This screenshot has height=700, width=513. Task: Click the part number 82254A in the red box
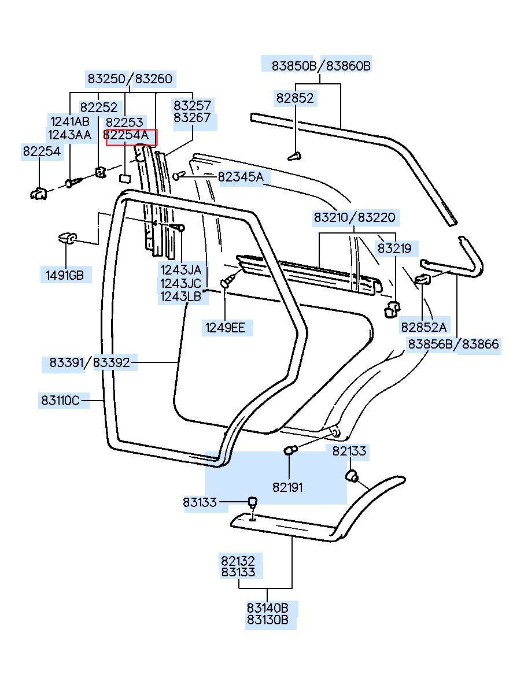pos(126,135)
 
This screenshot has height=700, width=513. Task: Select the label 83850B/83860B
pos(321,66)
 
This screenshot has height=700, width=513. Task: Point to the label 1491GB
pos(65,275)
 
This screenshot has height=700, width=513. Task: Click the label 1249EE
pos(225,328)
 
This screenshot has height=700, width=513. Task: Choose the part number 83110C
pos(60,400)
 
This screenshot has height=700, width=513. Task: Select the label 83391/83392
pos(90,362)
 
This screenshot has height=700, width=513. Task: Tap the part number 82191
pos(287,487)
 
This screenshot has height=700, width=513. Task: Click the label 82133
pos(349,451)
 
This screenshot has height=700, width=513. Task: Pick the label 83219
pos(394,249)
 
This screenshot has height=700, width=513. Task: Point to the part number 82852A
pos(423,327)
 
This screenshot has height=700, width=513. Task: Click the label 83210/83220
pos(355,217)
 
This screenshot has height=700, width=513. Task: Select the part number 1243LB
pos(180,297)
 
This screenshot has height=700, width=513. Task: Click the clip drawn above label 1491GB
pos(67,238)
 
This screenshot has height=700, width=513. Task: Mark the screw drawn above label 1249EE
pos(228,280)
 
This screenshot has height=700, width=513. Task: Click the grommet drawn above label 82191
pos(290,450)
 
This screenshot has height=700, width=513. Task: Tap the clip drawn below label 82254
pos(38,194)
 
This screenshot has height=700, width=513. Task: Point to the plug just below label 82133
pos(352,475)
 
